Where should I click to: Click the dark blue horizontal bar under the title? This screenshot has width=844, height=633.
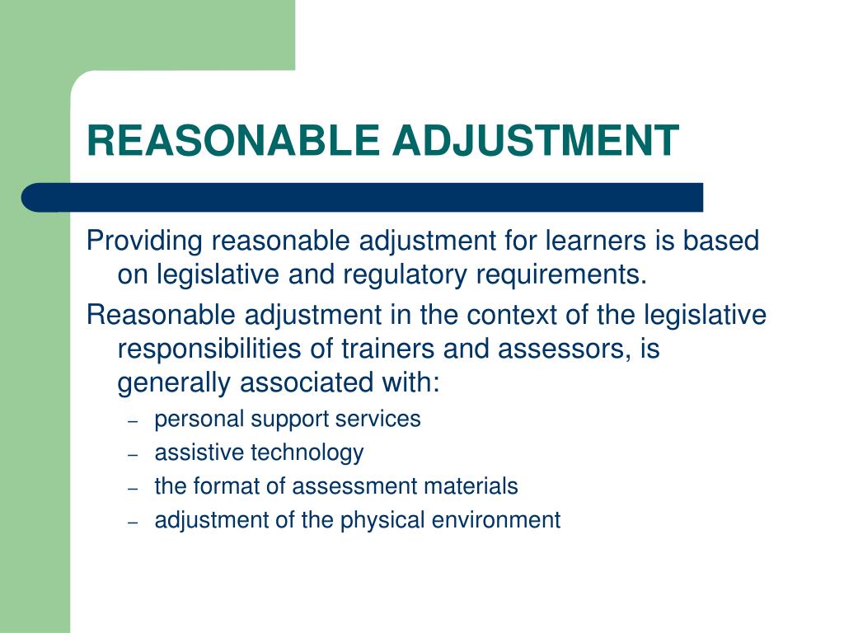tap(363, 198)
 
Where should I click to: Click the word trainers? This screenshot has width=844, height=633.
tap(388, 349)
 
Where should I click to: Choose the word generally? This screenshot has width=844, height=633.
tap(174, 382)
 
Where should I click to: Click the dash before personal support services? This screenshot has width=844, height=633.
tap(133, 420)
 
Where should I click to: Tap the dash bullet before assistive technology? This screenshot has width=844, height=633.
tap(133, 454)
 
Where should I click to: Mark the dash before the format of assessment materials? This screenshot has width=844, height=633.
tap(133, 488)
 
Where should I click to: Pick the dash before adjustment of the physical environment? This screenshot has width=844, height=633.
tap(133, 522)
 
